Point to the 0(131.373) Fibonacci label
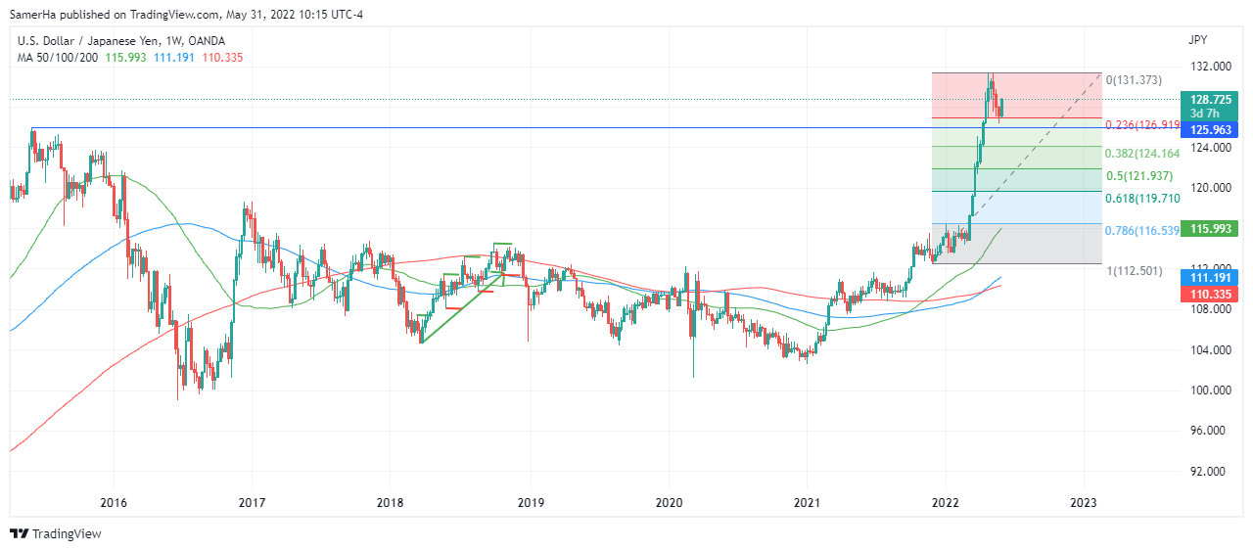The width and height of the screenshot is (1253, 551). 1134,79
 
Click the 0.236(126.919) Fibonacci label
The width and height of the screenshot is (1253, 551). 1142,125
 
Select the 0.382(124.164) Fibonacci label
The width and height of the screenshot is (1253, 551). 1142,154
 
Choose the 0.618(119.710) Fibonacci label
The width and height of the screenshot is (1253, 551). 1142,199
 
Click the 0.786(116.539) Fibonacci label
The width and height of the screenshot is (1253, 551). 1142,231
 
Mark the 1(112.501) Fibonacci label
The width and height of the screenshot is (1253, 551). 1134,270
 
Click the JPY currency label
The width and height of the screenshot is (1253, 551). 1197,40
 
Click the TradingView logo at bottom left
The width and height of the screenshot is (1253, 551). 56,534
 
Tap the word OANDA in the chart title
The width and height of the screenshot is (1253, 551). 206,41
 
